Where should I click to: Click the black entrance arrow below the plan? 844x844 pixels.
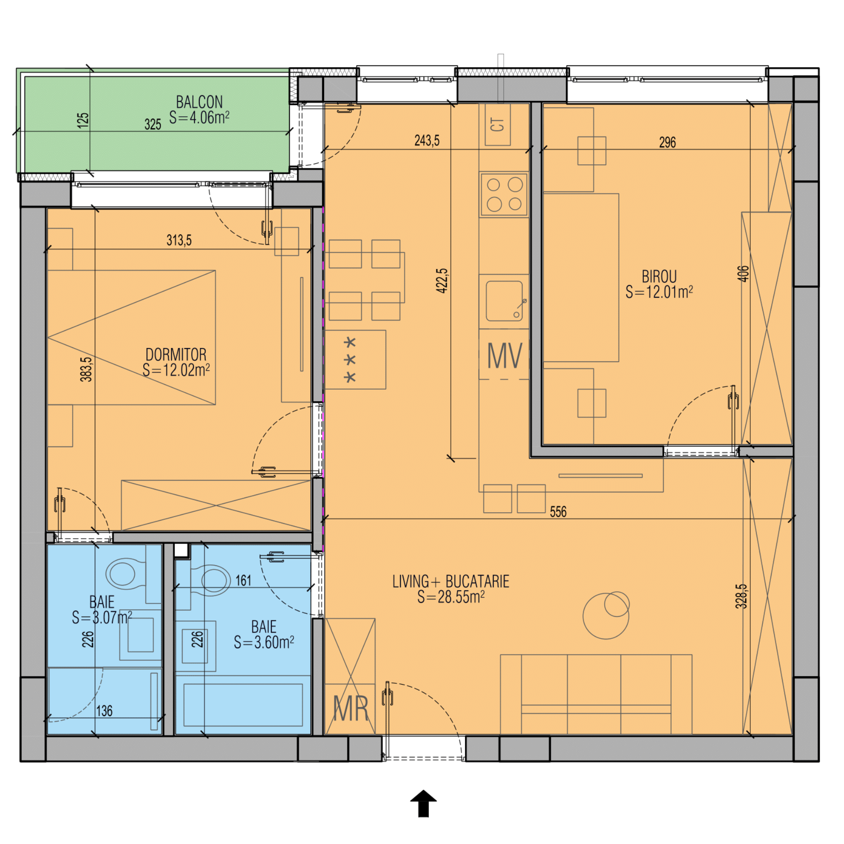click(x=423, y=803)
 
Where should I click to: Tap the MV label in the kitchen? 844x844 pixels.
click(x=505, y=356)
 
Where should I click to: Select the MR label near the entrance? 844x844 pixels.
click(x=351, y=709)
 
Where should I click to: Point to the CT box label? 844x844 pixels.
click(x=497, y=124)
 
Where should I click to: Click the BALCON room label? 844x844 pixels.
click(x=199, y=102)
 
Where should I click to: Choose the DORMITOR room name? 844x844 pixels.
click(x=176, y=355)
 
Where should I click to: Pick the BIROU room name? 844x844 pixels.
click(x=659, y=277)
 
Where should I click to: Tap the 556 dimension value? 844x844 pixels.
click(x=558, y=512)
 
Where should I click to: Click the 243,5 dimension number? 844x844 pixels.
click(x=427, y=141)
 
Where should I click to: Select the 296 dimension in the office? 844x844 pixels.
click(x=667, y=142)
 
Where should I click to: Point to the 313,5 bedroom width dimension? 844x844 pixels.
click(x=179, y=240)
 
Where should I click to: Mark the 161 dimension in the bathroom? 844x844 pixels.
click(x=243, y=580)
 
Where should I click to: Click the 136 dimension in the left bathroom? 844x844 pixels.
click(x=104, y=711)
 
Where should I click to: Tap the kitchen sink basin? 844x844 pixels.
click(x=504, y=301)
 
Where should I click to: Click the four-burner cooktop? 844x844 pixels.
click(x=504, y=194)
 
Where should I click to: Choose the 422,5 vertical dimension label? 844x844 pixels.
click(x=442, y=281)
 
